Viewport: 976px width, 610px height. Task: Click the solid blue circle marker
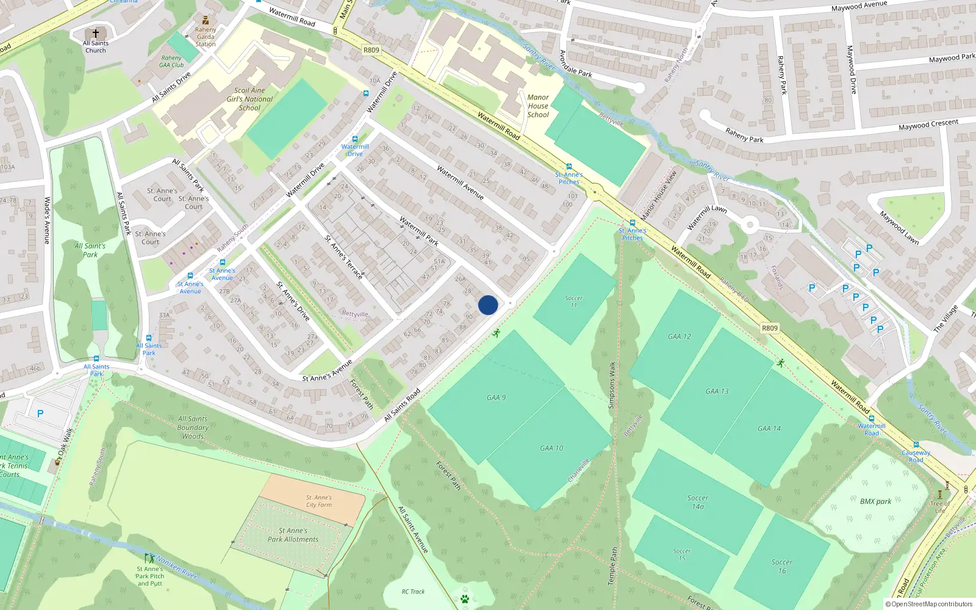click(x=488, y=305)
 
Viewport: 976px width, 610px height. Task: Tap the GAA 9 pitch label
click(x=496, y=398)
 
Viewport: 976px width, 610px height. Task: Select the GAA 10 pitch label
click(x=551, y=448)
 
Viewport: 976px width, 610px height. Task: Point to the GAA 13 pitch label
click(x=717, y=392)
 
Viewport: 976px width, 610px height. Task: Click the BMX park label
click(x=875, y=501)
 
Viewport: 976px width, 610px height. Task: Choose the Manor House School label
click(x=538, y=106)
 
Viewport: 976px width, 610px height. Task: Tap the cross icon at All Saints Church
click(x=95, y=34)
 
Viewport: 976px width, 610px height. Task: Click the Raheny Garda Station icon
click(x=206, y=20)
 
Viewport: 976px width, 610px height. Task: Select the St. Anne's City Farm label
click(x=319, y=501)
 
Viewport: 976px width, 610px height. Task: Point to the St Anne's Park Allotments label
click(x=293, y=535)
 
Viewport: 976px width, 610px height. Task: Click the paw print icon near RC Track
click(x=465, y=599)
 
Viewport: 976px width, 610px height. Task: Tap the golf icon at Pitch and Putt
click(x=149, y=558)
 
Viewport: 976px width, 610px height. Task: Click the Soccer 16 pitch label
click(x=782, y=567)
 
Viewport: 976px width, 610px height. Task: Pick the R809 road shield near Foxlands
click(x=770, y=328)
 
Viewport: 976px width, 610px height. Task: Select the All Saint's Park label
click(x=90, y=250)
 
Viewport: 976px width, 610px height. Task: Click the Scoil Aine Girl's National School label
click(x=249, y=99)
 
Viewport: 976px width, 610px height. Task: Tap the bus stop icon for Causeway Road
click(x=916, y=445)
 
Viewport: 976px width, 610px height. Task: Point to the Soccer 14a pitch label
click(x=698, y=502)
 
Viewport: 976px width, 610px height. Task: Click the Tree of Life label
click(x=940, y=507)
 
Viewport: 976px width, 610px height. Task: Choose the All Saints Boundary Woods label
click(x=193, y=427)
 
